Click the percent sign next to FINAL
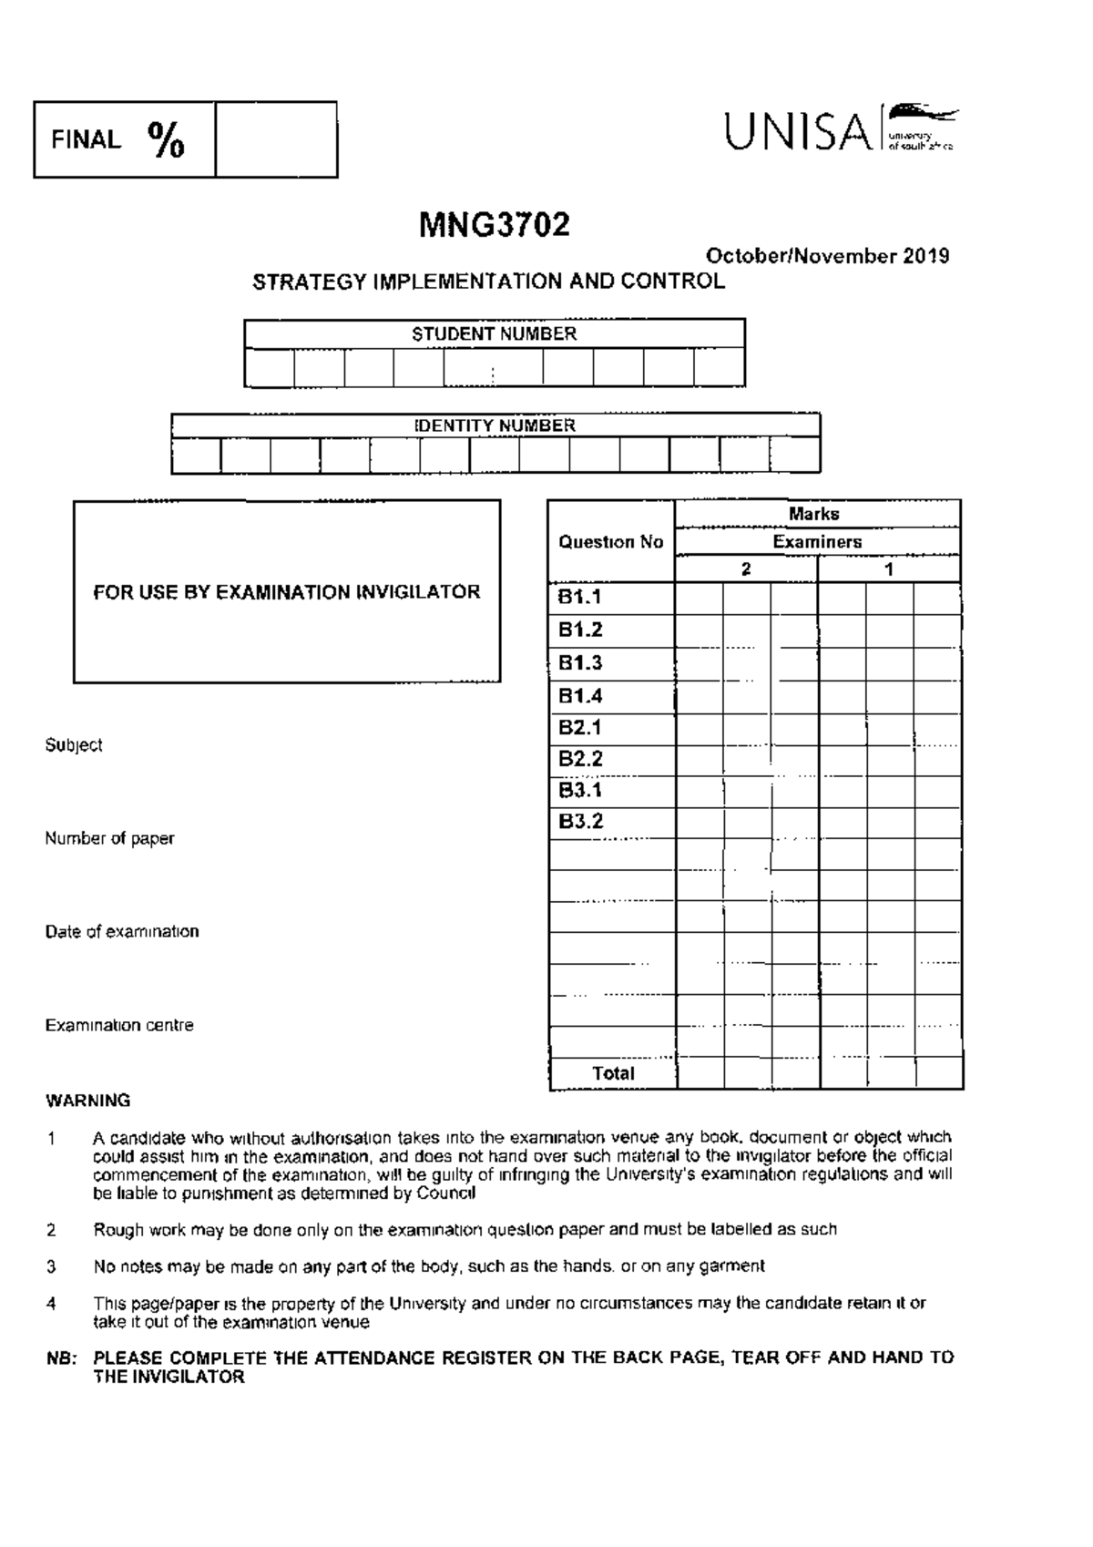[166, 140]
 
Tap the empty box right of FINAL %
[276, 139]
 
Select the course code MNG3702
[495, 225]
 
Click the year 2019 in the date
[926, 256]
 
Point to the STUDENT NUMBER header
[494, 334]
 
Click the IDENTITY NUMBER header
[495, 425]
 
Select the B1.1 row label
[580, 598]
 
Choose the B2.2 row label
[580, 759]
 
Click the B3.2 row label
[580, 821]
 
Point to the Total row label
[613, 1073]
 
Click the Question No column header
[610, 542]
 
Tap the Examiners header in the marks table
[817, 542]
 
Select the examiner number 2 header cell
[746, 569]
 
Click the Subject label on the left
[74, 745]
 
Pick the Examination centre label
[119, 1025]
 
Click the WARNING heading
[88, 1101]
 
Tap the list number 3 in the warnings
[51, 1266]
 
